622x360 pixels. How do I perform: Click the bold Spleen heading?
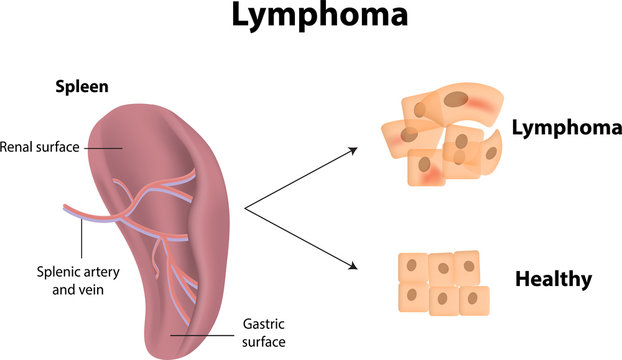[81, 87]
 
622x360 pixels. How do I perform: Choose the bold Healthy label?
[553, 279]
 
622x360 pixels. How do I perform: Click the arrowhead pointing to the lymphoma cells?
[354, 150]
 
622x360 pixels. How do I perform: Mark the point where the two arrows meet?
[245, 209]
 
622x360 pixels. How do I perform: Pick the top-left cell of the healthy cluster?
[412, 267]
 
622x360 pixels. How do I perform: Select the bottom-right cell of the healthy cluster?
[474, 300]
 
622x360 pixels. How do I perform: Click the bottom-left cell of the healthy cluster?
[414, 298]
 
